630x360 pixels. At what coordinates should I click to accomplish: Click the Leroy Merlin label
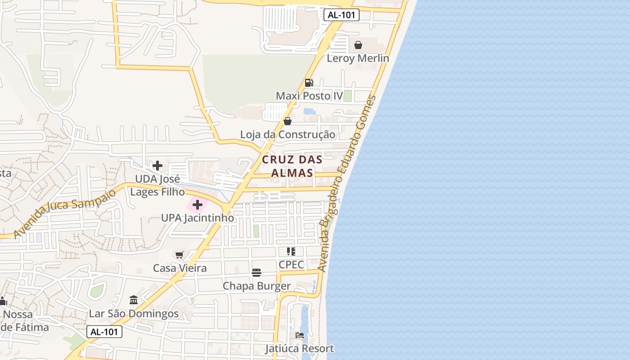tap(358, 58)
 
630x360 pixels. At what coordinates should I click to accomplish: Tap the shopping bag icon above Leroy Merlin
tap(358, 45)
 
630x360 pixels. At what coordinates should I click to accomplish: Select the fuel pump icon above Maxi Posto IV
tap(309, 83)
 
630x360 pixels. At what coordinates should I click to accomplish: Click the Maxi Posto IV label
tap(309, 96)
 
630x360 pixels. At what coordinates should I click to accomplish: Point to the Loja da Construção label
tap(288, 135)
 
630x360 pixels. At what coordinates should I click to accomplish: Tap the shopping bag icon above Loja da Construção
tap(288, 121)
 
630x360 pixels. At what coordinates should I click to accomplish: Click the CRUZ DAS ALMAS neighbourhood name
tap(292, 166)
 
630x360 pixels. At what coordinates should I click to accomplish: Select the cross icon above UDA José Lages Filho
tap(157, 166)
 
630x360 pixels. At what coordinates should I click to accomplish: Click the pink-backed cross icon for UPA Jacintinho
tap(197, 205)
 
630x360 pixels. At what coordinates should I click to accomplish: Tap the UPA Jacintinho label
tap(198, 218)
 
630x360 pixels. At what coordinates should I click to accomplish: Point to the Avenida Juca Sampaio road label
tap(65, 214)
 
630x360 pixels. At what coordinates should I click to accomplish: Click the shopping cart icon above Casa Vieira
tap(180, 255)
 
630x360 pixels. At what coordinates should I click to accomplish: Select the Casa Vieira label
tap(180, 268)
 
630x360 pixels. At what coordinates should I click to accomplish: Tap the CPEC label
tap(291, 265)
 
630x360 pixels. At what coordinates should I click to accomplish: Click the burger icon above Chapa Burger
tap(256, 272)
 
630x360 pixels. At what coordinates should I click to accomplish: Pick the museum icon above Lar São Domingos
tap(134, 300)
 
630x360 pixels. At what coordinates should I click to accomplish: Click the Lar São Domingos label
tap(134, 314)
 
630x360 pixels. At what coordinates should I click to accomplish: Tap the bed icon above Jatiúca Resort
tap(300, 335)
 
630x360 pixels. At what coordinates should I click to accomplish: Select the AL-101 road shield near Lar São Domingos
tap(104, 332)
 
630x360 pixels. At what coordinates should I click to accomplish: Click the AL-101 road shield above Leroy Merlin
tap(342, 15)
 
